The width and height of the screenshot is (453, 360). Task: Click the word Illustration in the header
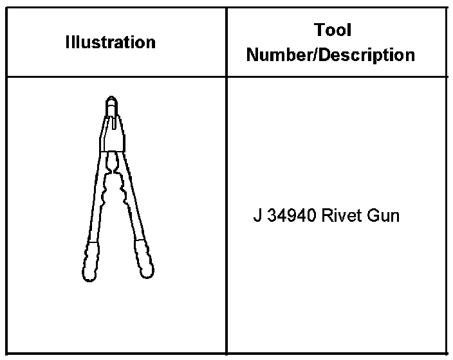[111, 42]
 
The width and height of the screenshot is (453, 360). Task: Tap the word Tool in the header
[333, 30]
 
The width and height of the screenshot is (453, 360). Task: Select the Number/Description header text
[331, 55]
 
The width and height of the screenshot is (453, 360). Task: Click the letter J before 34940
[257, 215]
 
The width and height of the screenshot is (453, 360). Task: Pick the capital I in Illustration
[68, 42]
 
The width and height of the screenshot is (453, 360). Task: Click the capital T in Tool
[319, 30]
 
